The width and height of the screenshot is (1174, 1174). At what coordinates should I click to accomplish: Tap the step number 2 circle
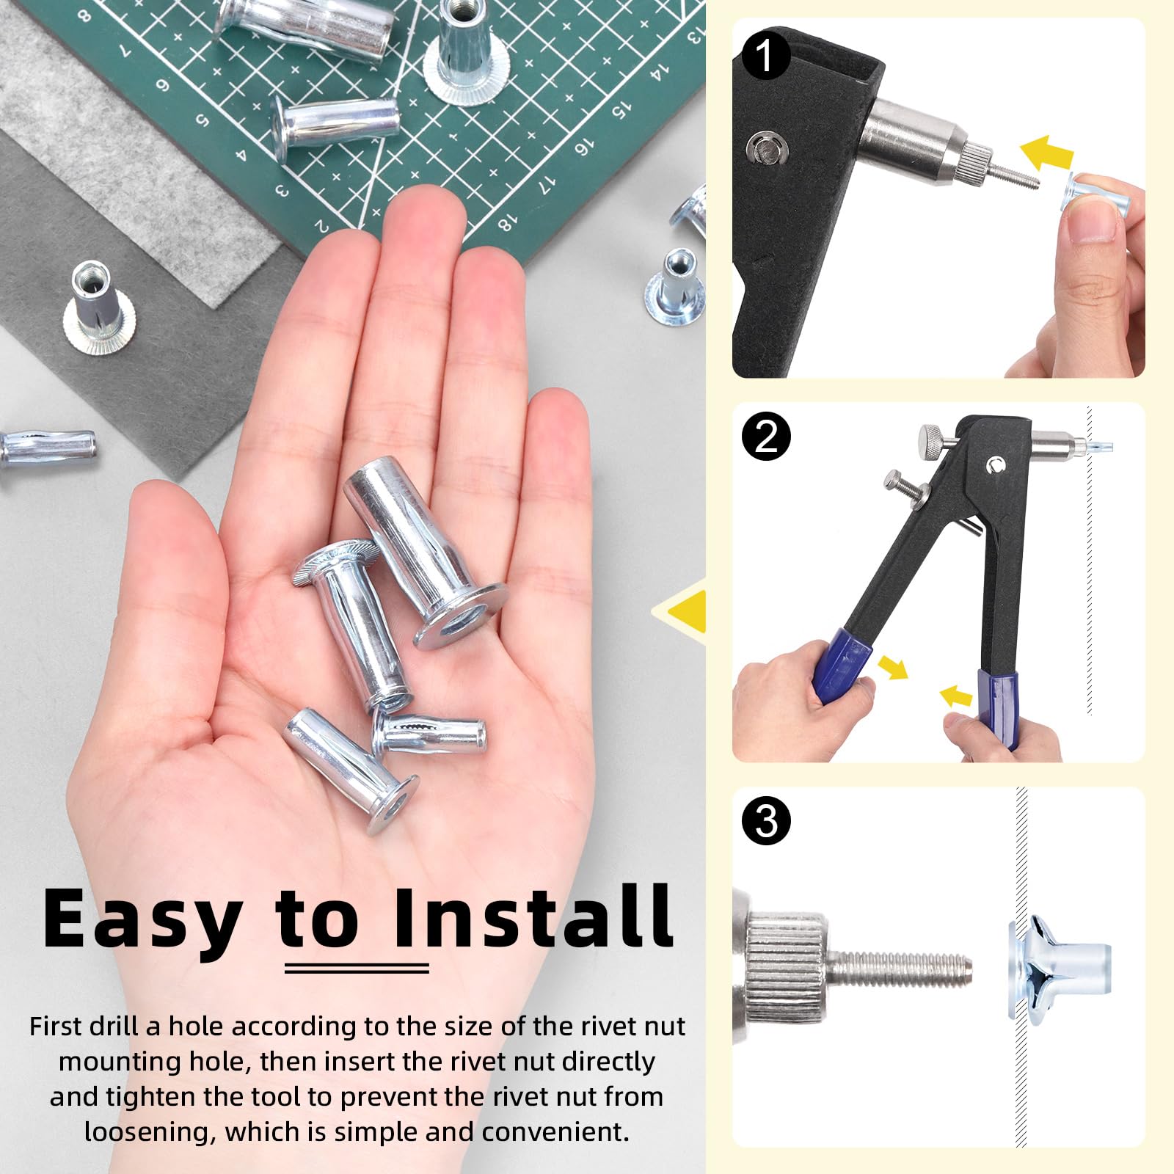[765, 437]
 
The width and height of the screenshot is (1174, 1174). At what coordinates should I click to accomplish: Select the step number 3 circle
[765, 820]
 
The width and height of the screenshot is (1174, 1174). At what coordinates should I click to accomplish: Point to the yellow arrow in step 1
[1047, 154]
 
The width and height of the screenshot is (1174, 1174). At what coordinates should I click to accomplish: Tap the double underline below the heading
[357, 969]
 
